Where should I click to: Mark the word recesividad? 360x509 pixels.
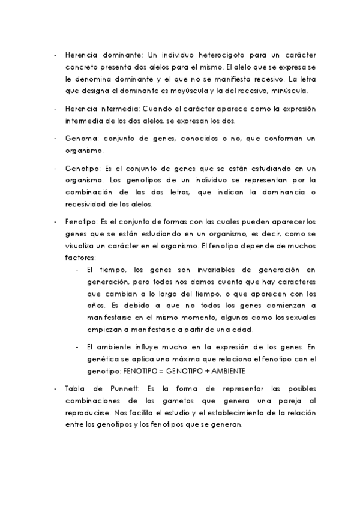tap(87, 204)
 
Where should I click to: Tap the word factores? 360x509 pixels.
tap(80, 257)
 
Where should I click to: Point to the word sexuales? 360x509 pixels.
tap(302, 317)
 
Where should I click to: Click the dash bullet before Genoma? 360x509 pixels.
tap(56, 139)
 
